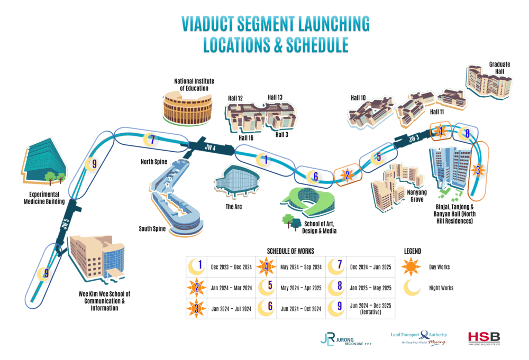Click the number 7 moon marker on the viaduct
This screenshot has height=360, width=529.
152,140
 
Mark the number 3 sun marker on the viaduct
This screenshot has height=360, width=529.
478,170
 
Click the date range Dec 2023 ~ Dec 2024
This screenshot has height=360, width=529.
233,267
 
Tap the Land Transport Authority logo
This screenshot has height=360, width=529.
418,338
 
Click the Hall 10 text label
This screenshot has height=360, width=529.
358,98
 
